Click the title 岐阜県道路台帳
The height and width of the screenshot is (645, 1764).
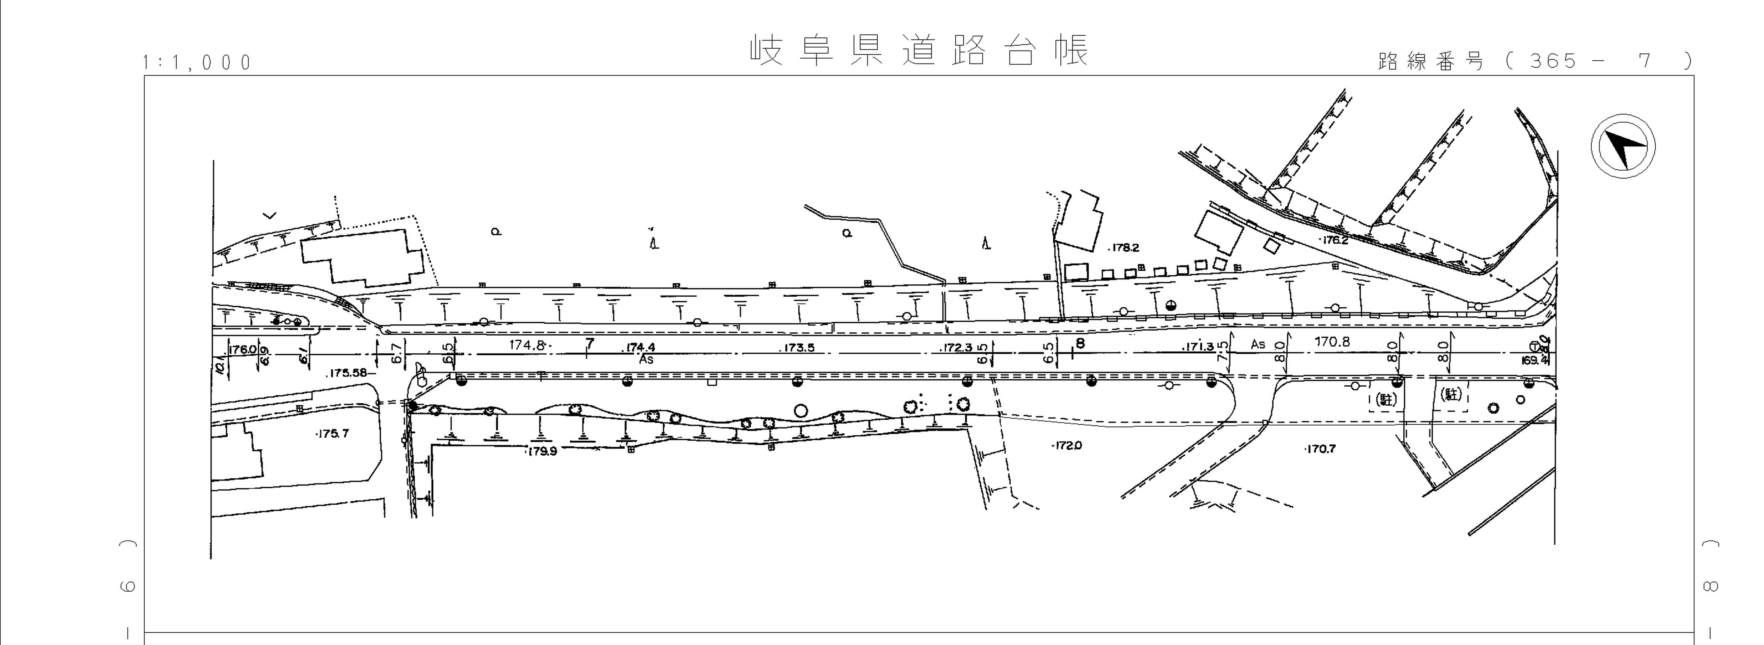click(919, 50)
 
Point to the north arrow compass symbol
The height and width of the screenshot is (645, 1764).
click(1622, 148)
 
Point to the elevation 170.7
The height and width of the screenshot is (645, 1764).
click(1320, 449)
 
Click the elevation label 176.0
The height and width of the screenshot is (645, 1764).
click(242, 349)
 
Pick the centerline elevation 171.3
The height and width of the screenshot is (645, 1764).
click(1199, 347)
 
